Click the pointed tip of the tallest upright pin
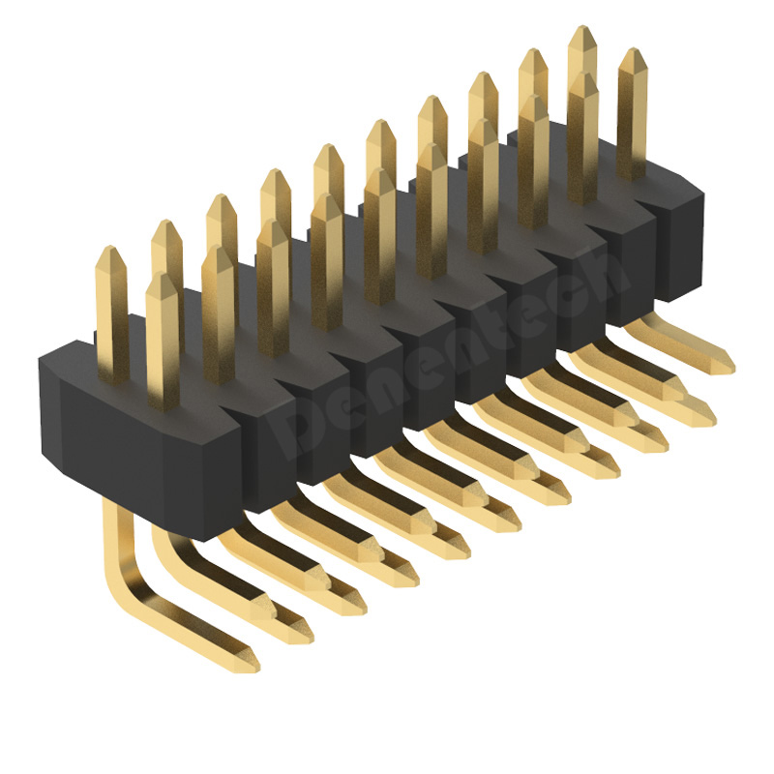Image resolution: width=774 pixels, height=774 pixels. pos(582,31)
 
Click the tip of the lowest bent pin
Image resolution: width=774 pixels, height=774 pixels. pos(250,666)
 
